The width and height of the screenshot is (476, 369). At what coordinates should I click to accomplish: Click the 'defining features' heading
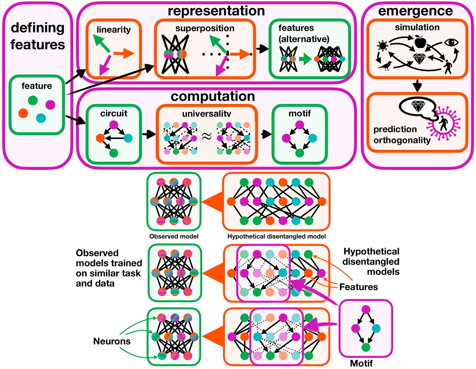point(38,36)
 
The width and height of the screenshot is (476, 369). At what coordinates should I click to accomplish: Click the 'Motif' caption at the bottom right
point(362,362)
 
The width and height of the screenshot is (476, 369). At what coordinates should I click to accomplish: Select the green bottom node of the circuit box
point(114,152)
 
